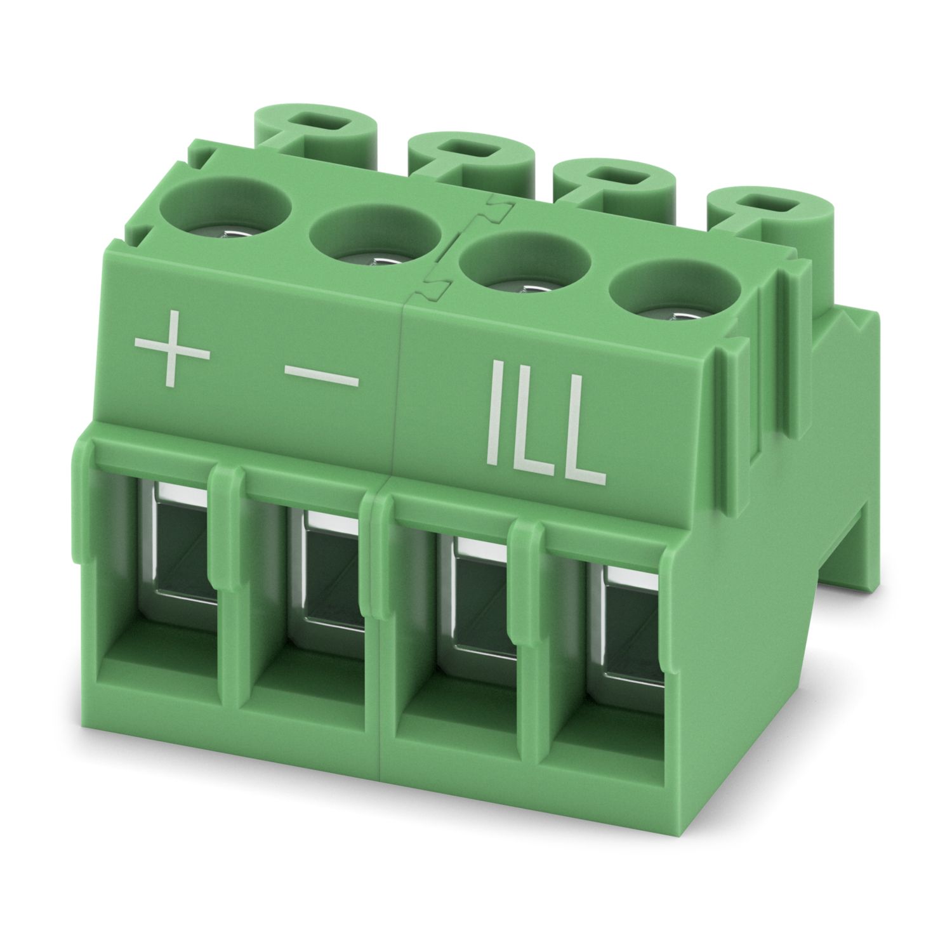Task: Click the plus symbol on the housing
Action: (172, 351)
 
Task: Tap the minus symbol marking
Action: (322, 377)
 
